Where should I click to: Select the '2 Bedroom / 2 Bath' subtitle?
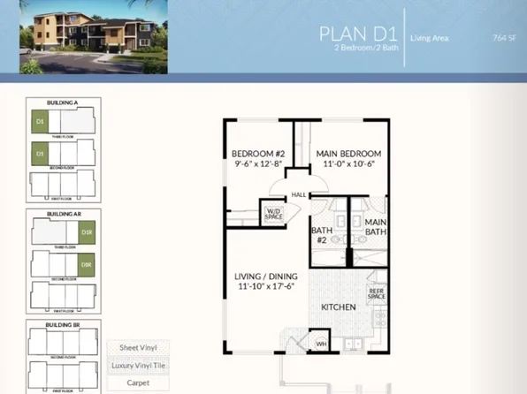coord(360,49)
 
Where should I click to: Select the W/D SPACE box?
coord(271,213)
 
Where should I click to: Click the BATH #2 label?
coord(320,235)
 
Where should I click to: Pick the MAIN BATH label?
coord(375,227)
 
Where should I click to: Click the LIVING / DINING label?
coord(265,281)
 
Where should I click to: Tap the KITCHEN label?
coord(338,307)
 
